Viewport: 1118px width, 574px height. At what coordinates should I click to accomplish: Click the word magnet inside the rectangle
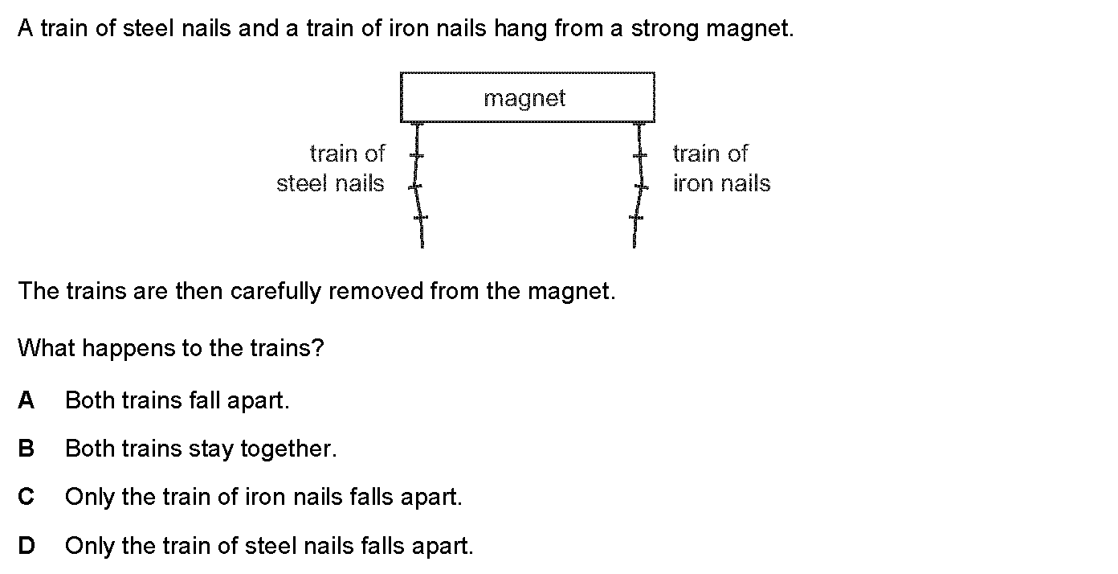point(524,99)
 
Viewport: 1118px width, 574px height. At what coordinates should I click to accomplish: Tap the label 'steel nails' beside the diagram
point(330,183)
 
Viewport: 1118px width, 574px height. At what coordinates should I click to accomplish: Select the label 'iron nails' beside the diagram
point(722,183)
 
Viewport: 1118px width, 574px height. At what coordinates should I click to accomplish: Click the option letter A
point(26,400)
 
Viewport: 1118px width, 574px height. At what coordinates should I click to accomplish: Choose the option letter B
point(26,449)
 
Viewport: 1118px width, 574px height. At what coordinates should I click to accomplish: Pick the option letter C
point(26,497)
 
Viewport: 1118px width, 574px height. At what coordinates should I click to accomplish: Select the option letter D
point(27,546)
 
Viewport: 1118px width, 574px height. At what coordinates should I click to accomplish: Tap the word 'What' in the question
point(46,348)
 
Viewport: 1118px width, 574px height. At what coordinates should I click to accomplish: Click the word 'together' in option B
point(288,449)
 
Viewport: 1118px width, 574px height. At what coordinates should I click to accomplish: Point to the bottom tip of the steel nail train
point(422,247)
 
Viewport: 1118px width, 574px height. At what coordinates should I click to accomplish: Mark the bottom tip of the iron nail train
point(634,247)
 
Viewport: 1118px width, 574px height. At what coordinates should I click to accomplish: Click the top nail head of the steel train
point(418,123)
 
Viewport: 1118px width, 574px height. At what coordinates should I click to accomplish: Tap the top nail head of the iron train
point(639,123)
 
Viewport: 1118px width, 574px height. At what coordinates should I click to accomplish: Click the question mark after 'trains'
point(318,348)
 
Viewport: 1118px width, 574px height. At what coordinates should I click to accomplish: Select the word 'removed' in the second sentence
point(376,291)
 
